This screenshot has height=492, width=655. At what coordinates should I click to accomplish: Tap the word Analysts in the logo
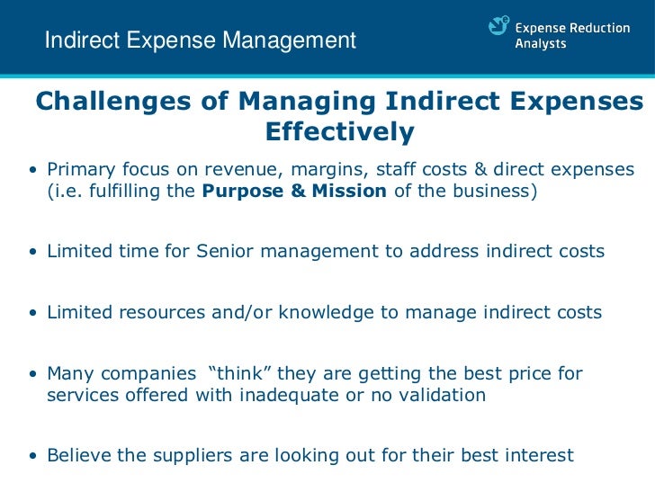tap(540, 44)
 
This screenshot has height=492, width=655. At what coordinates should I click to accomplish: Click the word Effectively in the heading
tap(339, 133)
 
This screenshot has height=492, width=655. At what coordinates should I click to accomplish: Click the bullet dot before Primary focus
tap(32, 171)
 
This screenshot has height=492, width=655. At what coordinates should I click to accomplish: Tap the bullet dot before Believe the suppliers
tap(32, 456)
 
